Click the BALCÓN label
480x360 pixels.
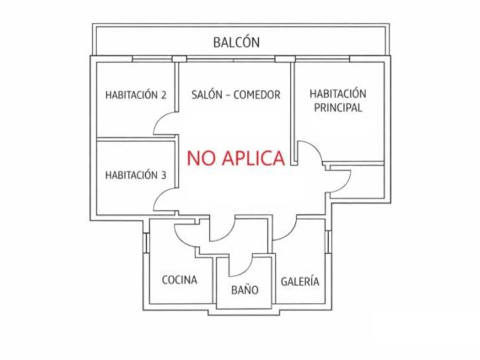(236, 42)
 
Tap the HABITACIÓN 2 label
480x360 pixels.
(135, 95)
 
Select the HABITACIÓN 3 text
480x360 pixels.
(135, 175)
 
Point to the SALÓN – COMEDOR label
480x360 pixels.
(235, 95)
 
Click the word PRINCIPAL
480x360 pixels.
(338, 108)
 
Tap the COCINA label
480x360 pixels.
(179, 280)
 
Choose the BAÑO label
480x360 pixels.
(245, 290)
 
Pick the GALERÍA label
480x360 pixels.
(300, 282)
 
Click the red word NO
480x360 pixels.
(202, 158)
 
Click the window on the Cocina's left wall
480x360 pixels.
(147, 242)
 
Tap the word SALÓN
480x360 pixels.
(205, 95)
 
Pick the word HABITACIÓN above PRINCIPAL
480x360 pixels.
(338, 93)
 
